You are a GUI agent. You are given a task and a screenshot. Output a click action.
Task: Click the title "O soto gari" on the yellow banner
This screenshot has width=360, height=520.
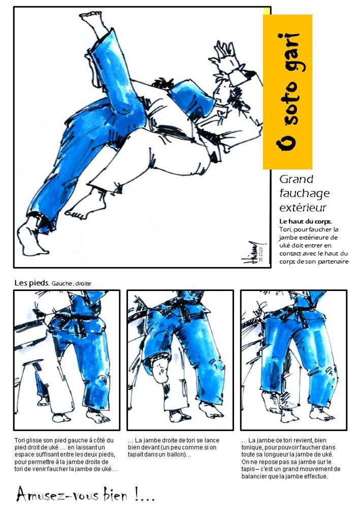287,92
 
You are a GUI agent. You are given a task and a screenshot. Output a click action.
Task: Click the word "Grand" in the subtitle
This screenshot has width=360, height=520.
296,179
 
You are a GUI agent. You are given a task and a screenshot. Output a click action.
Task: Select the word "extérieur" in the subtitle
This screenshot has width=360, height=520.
303,208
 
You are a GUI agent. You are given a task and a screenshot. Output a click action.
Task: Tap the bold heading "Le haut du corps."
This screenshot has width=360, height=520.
306,221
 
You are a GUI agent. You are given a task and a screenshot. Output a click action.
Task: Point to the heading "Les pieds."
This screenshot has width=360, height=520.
32,283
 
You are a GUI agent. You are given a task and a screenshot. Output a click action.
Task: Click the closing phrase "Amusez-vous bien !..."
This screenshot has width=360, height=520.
85,495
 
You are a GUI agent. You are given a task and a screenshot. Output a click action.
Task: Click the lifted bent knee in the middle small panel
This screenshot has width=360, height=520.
159,369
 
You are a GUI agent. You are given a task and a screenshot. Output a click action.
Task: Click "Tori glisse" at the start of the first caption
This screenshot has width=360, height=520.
28,440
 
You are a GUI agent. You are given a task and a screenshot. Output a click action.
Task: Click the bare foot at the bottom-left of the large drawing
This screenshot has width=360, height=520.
31,238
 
